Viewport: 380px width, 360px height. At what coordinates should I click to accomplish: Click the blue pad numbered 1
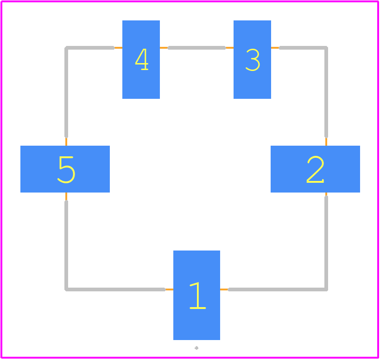196,295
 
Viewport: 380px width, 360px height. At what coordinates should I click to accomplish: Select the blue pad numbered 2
315,169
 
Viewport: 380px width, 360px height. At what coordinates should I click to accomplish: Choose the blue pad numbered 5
65,169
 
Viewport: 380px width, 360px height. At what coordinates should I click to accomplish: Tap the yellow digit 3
253,60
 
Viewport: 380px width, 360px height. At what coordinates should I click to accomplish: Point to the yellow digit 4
142,59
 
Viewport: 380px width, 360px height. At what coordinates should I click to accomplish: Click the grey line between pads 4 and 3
197,48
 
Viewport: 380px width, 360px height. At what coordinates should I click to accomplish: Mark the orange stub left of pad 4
118,48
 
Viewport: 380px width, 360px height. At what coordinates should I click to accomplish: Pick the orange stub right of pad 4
164,48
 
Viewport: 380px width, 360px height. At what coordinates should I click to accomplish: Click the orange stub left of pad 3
229,48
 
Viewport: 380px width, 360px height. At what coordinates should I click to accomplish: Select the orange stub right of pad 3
275,48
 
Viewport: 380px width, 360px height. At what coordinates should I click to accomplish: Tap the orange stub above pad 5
66,141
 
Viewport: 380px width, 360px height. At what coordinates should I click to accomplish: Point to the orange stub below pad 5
66,197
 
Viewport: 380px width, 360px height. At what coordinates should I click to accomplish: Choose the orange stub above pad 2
326,141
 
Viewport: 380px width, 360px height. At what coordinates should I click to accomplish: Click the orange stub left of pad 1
169,289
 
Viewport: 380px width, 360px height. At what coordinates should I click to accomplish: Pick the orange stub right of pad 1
224,289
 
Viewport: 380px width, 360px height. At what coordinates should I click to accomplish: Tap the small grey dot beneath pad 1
196,348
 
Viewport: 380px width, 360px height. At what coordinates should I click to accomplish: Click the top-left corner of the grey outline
66,48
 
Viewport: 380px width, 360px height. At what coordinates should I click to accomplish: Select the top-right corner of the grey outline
326,48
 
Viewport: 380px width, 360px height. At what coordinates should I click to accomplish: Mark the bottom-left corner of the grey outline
66,289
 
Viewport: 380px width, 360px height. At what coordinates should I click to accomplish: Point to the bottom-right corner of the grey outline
326,289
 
